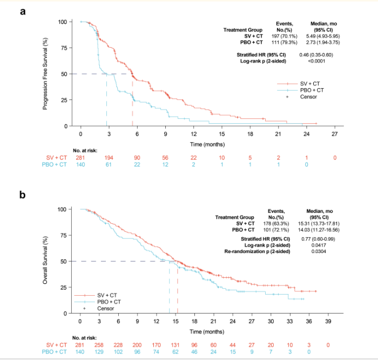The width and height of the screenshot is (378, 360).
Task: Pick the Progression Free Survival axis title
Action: pyautogui.click(x=46, y=74)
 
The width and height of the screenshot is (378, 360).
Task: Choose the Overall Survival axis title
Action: pyautogui.click(x=46, y=261)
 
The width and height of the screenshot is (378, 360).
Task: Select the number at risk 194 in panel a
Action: pyautogui.click(x=109, y=157)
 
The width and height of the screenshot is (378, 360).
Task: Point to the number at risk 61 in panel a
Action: pyautogui.click(x=109, y=164)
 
